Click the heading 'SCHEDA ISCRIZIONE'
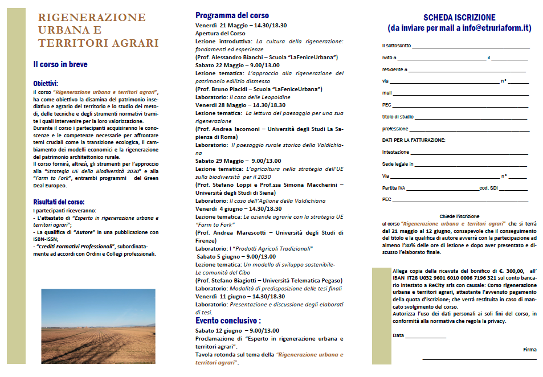point(459,18)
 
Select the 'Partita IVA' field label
point(394,188)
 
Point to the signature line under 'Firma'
point(479,359)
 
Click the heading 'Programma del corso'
point(232,15)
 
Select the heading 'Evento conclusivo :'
point(228,321)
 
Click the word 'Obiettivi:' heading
point(46,83)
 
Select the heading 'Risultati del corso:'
point(59,202)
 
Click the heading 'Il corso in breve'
point(60,64)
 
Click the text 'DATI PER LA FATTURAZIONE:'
point(414,140)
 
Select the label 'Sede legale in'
point(397,164)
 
